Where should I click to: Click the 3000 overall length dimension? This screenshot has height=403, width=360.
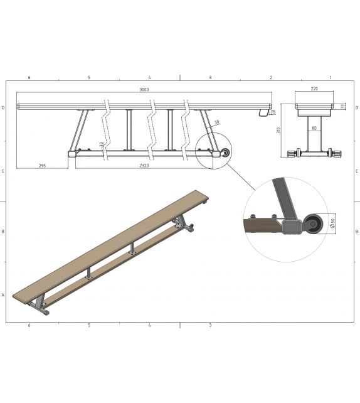coord(144,90)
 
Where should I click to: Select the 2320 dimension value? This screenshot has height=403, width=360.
coord(145,166)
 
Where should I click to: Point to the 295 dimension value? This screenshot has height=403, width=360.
coord(42,166)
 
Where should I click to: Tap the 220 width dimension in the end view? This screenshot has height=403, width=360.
coord(314,89)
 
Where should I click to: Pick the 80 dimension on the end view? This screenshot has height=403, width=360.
coord(314,128)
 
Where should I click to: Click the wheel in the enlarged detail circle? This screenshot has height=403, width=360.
coord(313,223)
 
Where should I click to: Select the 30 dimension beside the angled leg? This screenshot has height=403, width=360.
coord(216,122)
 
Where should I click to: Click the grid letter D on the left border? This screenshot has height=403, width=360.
coord(4,107)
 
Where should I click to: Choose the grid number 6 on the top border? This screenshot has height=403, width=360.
coord(29,77)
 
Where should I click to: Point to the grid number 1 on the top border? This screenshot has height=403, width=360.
coord(330,77)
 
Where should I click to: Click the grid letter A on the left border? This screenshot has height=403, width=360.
coord(4,294)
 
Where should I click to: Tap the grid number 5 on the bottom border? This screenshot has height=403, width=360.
coord(89,325)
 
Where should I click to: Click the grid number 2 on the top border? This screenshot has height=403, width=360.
coord(271,77)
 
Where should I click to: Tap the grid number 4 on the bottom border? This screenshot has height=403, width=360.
coord(149,325)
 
